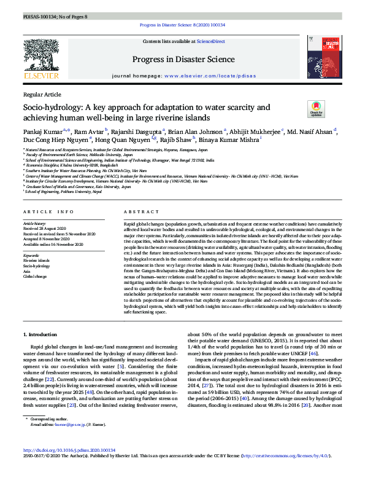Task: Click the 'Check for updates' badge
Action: pyautogui.click(x=315, y=109)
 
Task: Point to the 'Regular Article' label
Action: pyautogui.click(x=42, y=94)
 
